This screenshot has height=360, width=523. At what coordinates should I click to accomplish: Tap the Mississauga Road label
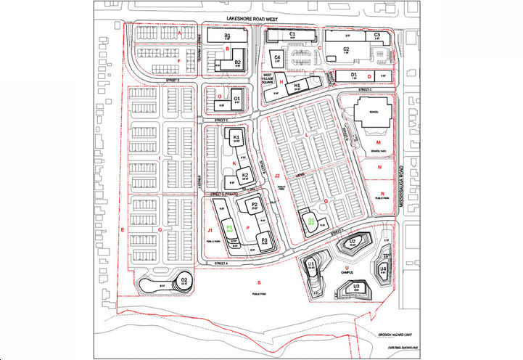402,189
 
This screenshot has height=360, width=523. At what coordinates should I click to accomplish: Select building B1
227,36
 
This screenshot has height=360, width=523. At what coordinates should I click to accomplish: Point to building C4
277,57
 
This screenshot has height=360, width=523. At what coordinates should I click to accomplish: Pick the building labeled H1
297,86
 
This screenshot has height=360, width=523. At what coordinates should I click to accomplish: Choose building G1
236,99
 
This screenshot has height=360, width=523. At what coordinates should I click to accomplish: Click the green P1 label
229,227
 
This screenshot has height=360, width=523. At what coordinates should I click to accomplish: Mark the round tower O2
184,280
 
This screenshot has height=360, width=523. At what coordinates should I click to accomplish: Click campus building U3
356,288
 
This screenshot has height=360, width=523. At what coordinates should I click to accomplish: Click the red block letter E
123,229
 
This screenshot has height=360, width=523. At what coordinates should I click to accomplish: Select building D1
354,75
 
